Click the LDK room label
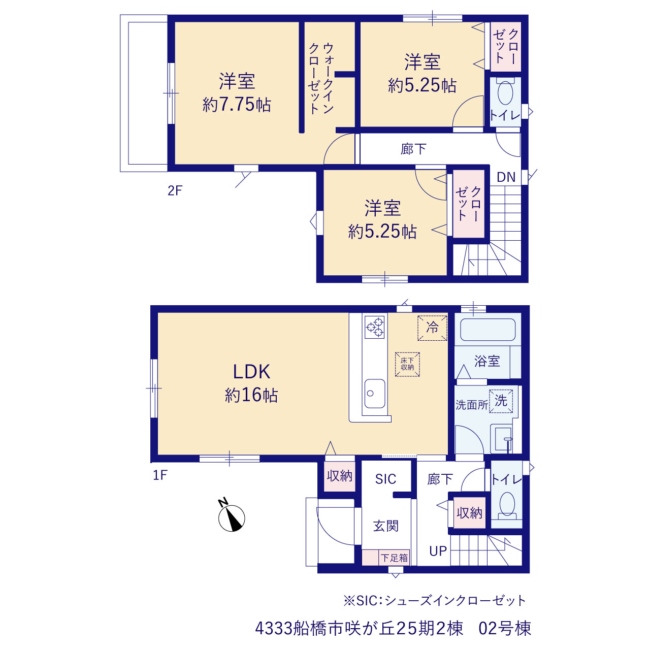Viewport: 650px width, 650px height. [x=251, y=372]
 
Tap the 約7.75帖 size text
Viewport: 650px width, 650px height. [x=237, y=105]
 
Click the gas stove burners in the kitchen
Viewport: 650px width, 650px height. [x=374, y=327]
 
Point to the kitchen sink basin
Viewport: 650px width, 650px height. [x=375, y=393]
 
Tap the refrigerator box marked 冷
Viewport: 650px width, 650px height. [x=432, y=328]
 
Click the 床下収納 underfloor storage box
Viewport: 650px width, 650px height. [x=407, y=364]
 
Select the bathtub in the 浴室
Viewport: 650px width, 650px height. [x=487, y=330]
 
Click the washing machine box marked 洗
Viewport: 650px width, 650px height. [x=501, y=401]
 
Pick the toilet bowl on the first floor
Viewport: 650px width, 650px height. [x=506, y=505]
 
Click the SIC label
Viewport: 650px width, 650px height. [x=385, y=479]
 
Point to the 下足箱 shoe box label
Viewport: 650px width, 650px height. [x=395, y=558]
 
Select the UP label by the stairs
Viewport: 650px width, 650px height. [x=438, y=551]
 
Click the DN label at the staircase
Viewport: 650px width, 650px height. [x=506, y=177]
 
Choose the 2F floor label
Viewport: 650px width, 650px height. [x=175, y=191]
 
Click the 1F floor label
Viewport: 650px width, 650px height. [x=160, y=475]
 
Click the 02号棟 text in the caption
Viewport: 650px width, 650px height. [x=505, y=628]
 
